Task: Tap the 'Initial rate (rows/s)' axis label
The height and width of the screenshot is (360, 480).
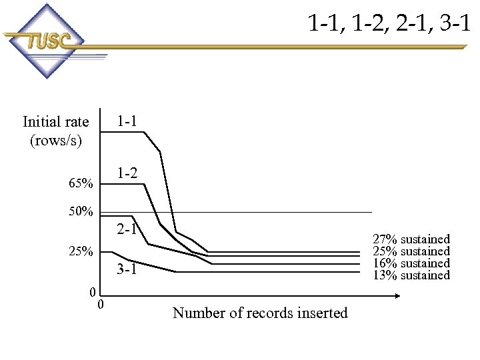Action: (55, 131)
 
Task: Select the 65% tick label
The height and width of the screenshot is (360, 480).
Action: (81, 182)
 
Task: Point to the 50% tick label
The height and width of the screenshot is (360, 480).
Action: (81, 212)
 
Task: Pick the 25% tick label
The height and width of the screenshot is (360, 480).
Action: (81, 252)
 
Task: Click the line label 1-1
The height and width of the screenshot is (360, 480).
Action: (127, 121)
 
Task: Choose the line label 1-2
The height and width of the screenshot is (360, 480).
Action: (127, 173)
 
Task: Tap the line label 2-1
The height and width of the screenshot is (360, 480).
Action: (127, 231)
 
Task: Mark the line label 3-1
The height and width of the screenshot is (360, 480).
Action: (127, 270)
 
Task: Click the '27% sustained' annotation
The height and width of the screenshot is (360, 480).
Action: (411, 239)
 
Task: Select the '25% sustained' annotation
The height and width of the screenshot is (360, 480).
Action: (411, 251)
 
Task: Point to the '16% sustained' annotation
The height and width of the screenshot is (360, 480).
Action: (411, 263)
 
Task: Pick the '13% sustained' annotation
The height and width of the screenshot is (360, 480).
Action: (411, 275)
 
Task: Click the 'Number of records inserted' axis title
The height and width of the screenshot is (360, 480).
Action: (260, 313)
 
